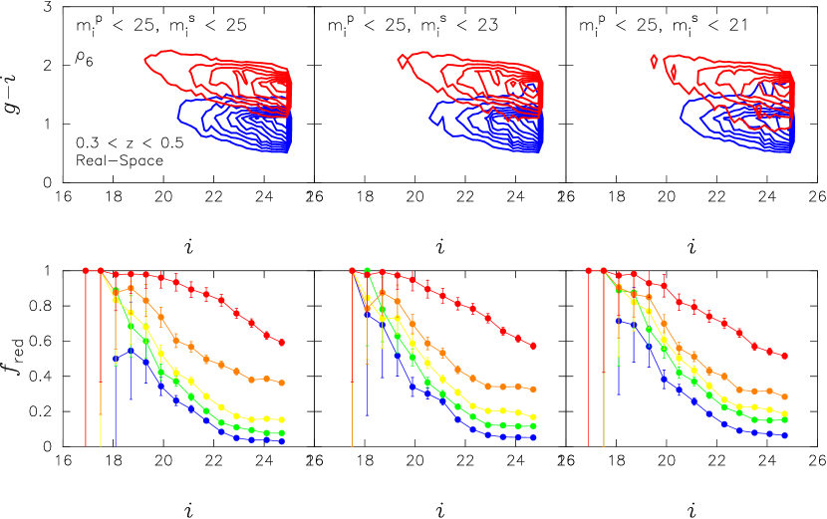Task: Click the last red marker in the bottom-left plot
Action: [x=282, y=342]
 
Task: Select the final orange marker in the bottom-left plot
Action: [x=282, y=383]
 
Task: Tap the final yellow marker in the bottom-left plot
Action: [x=282, y=419]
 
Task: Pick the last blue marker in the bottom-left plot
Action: [x=282, y=440]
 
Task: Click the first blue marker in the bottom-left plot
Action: [x=116, y=359]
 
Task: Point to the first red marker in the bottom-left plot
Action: [x=86, y=270]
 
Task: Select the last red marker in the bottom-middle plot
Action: [x=534, y=346]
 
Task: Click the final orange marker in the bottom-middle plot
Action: [x=534, y=389]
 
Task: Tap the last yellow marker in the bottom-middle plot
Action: [x=534, y=416]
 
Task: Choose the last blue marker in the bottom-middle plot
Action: [x=534, y=437]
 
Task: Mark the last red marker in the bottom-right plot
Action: [x=785, y=356]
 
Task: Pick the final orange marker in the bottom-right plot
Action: [x=785, y=396]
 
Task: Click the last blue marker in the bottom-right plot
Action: [x=785, y=435]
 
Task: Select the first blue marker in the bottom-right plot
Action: [x=619, y=321]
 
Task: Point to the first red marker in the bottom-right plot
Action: [x=589, y=270]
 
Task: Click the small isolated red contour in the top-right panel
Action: [x=654, y=61]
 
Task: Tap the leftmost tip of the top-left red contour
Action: [x=145, y=61]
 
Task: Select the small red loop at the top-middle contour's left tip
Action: [x=402, y=61]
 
